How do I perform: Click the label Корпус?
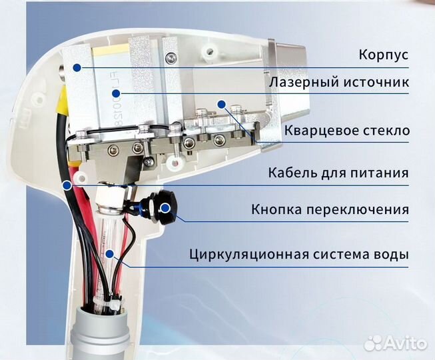click(x=382, y=55)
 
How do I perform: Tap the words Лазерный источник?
click(x=338, y=83)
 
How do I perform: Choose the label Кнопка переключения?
click(x=330, y=210)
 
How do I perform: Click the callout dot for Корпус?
click(x=77, y=67)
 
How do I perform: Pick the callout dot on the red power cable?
click(x=67, y=184)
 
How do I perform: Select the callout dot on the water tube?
click(x=109, y=254)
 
